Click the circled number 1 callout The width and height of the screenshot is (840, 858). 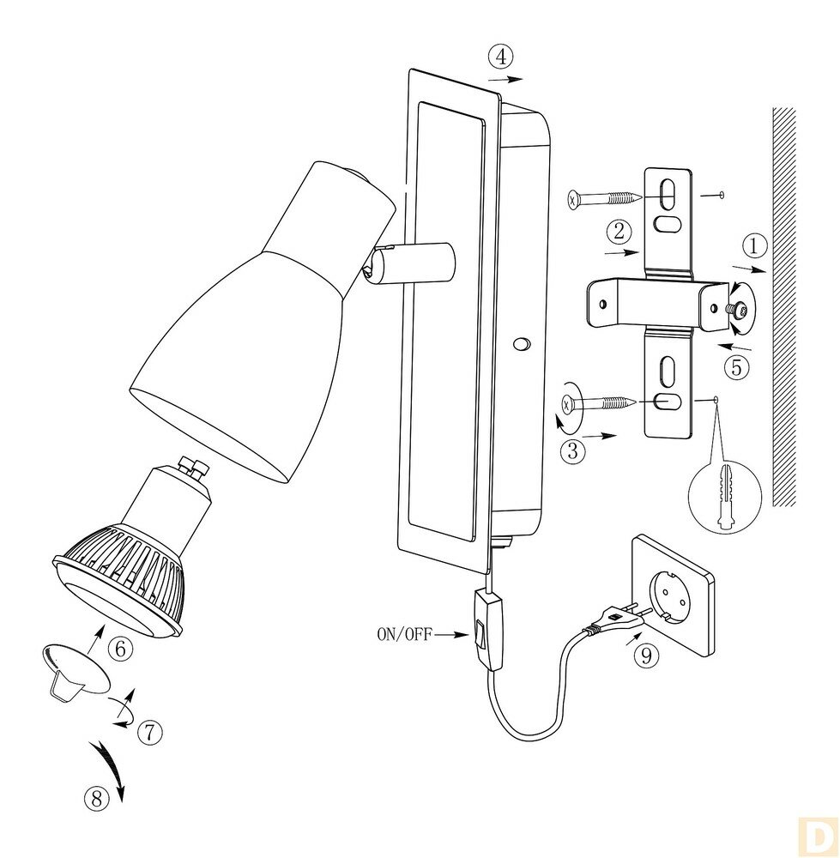click(x=753, y=246)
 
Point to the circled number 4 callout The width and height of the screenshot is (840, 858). click(x=501, y=57)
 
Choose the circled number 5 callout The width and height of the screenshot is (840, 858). click(x=736, y=368)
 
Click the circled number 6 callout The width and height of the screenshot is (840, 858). click(x=120, y=649)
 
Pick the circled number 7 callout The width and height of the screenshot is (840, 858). click(x=149, y=732)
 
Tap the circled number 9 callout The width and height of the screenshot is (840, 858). click(x=647, y=656)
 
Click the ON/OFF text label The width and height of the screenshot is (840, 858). click(x=404, y=635)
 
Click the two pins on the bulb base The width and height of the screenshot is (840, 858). click(x=194, y=468)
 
